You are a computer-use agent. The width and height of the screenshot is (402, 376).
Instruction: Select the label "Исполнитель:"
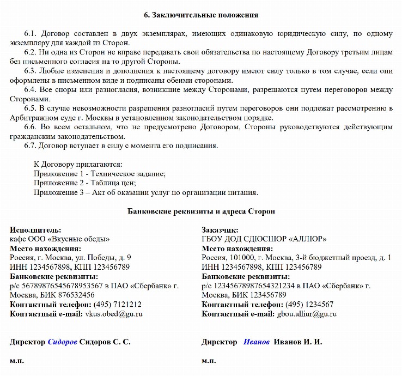coord(35,230)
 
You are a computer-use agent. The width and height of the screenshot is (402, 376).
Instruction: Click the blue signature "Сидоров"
coord(62,342)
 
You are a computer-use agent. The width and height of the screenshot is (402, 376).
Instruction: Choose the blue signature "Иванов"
coord(257,342)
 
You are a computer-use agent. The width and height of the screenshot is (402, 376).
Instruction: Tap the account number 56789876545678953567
coord(57,286)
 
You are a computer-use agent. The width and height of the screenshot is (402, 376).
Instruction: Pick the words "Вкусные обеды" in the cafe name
coord(80,239)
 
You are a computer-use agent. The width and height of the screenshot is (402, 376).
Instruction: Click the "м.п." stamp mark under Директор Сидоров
coord(16,360)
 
